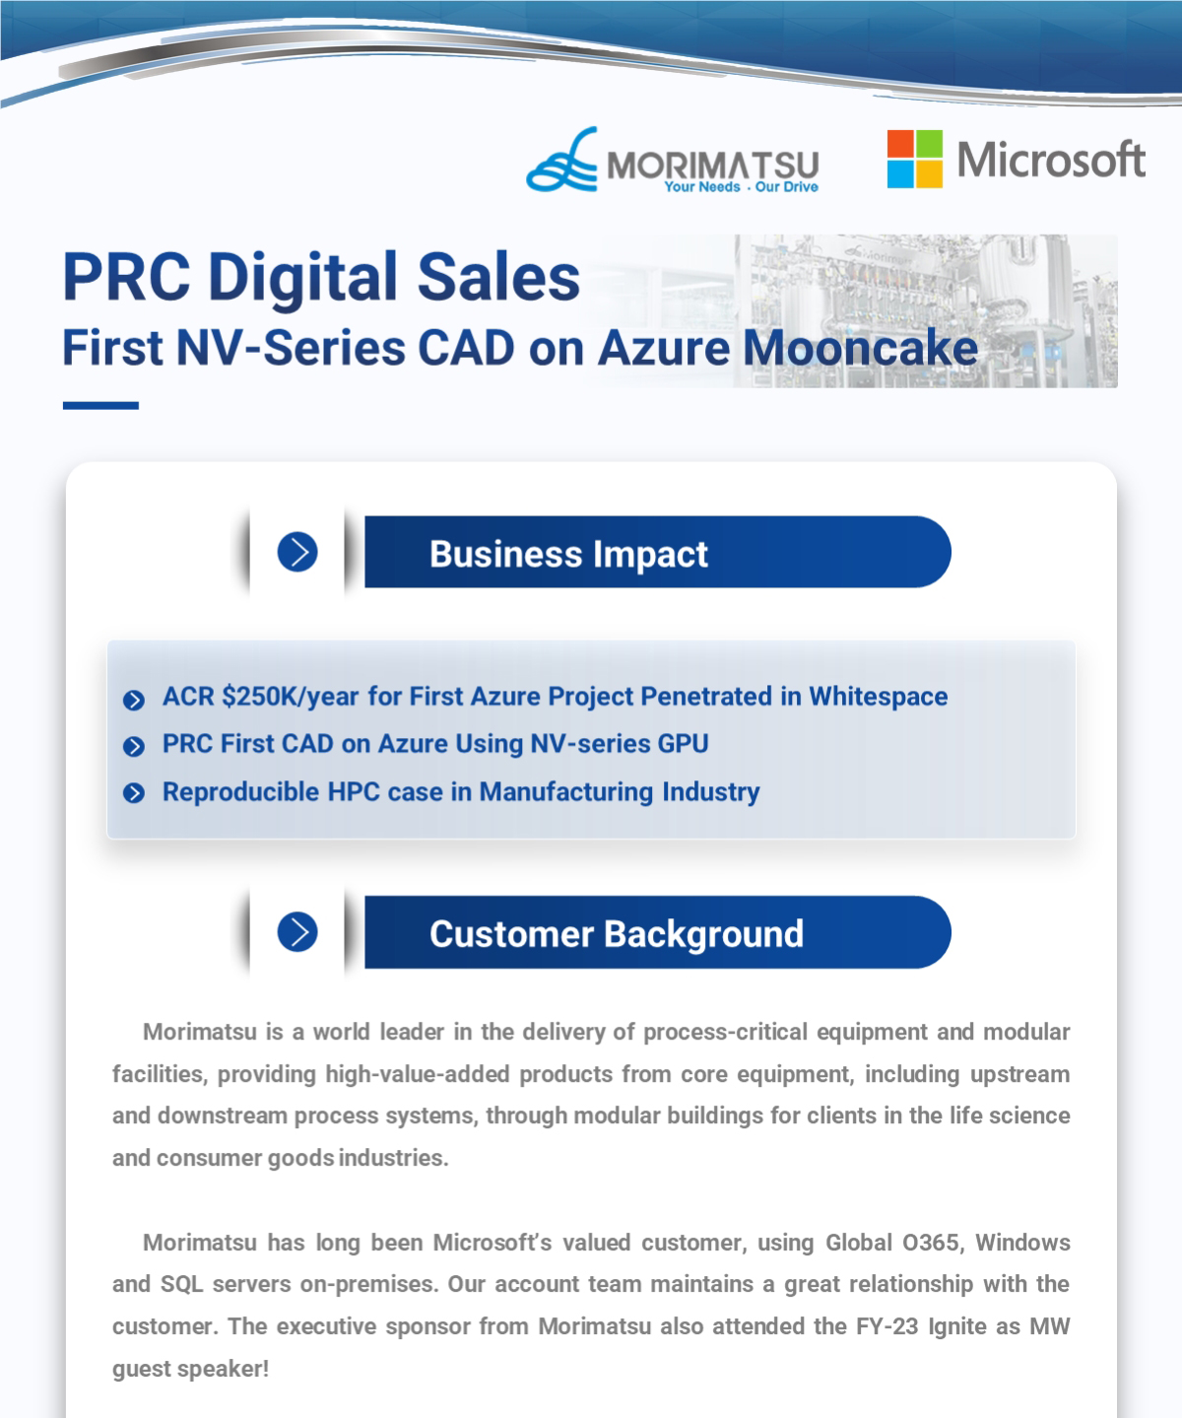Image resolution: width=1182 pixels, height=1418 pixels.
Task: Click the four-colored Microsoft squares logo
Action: [x=914, y=159]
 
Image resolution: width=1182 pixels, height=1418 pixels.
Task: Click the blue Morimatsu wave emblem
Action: [x=562, y=161]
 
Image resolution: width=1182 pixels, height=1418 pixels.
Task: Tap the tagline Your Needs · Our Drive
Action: [x=741, y=187]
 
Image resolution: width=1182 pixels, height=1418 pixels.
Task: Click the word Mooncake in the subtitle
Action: [x=860, y=349]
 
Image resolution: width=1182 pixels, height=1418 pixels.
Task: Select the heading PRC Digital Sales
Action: [x=321, y=277]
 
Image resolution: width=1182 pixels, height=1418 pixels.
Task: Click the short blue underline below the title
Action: [x=100, y=405]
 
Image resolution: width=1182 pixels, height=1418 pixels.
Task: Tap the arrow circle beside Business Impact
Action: [x=297, y=552]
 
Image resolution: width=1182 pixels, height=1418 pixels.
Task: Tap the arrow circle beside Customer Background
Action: [x=297, y=931]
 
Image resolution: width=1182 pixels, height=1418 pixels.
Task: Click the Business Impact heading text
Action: [x=568, y=554]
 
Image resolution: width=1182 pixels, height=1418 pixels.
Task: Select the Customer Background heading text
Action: [x=617, y=934]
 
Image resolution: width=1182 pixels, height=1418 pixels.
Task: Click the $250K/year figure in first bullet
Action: [x=290, y=697]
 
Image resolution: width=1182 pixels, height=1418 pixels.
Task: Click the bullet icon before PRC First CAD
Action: [x=134, y=746]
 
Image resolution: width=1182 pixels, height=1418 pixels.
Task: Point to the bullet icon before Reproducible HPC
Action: [x=134, y=792]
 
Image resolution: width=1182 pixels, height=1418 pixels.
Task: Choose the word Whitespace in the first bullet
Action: [x=878, y=697]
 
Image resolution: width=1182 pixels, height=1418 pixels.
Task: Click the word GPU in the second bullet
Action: [x=683, y=744]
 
